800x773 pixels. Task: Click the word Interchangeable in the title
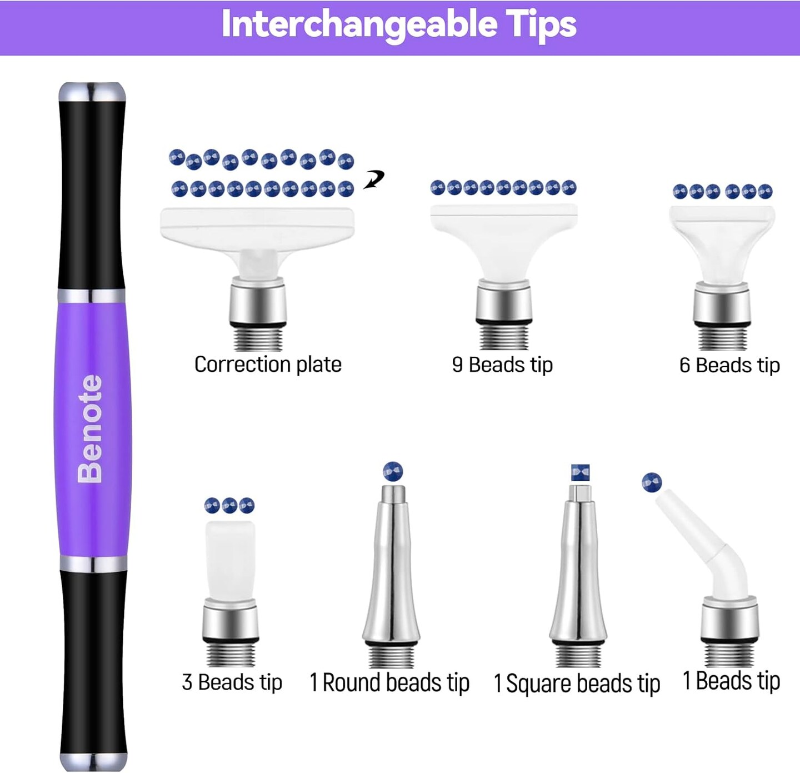[359, 25]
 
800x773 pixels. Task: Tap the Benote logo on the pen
[90, 428]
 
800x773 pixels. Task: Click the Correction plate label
[268, 365]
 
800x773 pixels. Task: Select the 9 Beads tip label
[502, 365]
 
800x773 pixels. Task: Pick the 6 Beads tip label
[729, 365]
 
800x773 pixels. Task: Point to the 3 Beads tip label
[232, 682]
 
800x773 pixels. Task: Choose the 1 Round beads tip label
[389, 682]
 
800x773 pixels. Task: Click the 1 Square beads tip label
[577, 683]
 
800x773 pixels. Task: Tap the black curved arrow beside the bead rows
[374, 179]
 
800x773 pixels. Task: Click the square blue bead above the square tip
[580, 473]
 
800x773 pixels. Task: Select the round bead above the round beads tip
[393, 472]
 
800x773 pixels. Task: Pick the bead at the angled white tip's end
[652, 482]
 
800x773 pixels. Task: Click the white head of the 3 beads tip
[230, 558]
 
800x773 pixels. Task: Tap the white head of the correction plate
[257, 228]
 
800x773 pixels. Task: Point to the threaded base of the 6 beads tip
[722, 337]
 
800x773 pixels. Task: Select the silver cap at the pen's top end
[92, 92]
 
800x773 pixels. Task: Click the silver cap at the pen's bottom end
[93, 762]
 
